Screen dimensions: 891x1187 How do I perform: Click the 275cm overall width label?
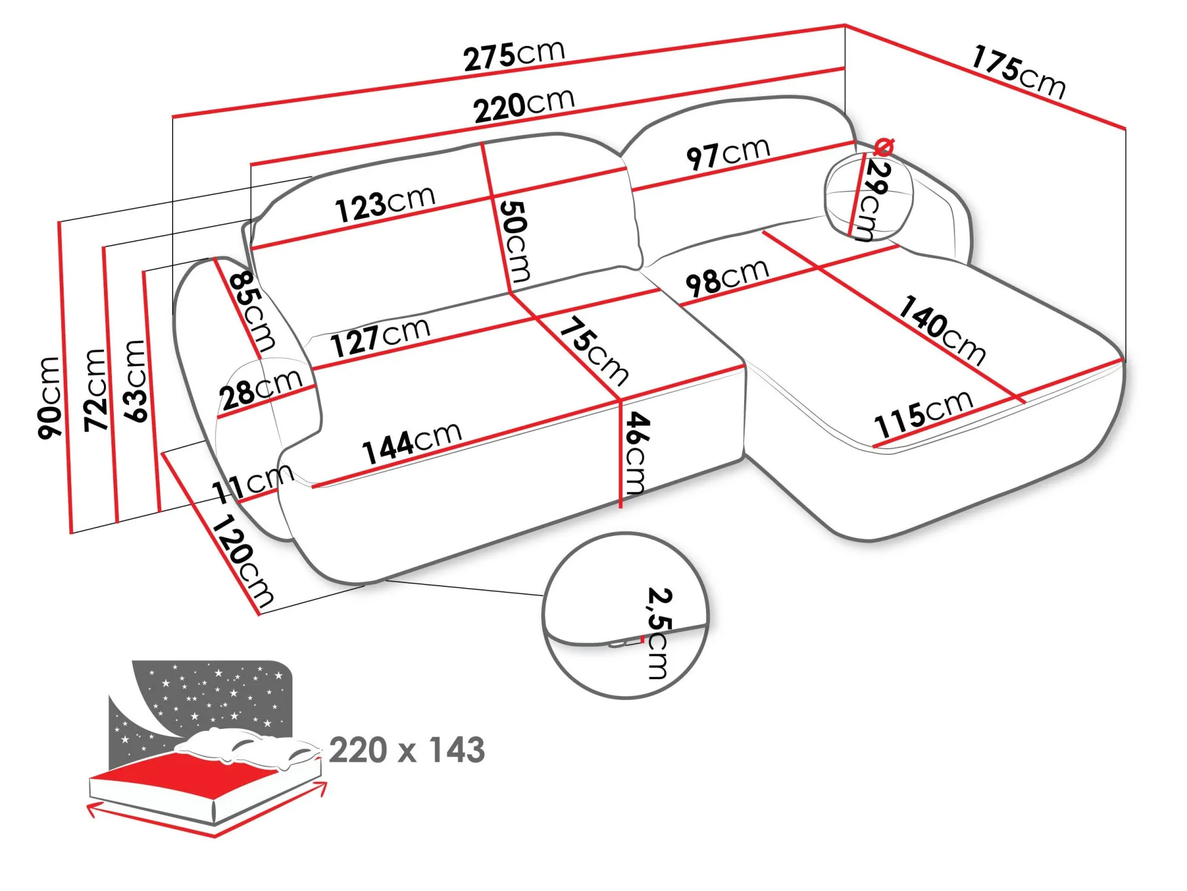point(513,56)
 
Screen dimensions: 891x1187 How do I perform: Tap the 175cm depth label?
point(1019,72)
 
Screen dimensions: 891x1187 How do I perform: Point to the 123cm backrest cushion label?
point(385,203)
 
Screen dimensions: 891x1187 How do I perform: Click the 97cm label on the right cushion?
point(727,154)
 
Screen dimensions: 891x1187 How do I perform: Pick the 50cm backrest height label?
point(515,241)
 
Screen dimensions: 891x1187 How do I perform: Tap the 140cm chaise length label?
point(942,330)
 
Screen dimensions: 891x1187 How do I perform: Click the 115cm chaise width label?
point(923,414)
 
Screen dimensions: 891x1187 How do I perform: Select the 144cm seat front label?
point(412,442)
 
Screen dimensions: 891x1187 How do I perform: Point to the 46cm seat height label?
point(637,452)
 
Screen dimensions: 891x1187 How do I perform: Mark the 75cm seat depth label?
point(594,351)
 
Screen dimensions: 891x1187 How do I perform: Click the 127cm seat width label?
point(380,337)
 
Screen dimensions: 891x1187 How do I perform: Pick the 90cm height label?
point(49,398)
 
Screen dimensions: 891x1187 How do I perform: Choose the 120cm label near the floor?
point(242,561)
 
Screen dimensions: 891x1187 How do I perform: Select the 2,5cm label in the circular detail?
point(658,633)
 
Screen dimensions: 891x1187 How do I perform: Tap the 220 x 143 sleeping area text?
point(407,750)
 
